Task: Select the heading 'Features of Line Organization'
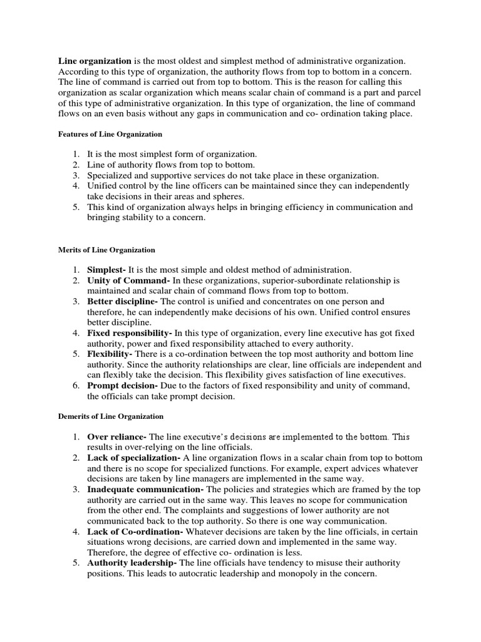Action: [110, 134]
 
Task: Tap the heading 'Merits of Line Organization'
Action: [106, 250]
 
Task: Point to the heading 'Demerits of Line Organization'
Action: [110, 416]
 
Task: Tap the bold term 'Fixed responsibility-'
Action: [130, 333]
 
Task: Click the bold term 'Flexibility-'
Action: [110, 354]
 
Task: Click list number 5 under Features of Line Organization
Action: [76, 207]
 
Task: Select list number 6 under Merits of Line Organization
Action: [76, 386]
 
